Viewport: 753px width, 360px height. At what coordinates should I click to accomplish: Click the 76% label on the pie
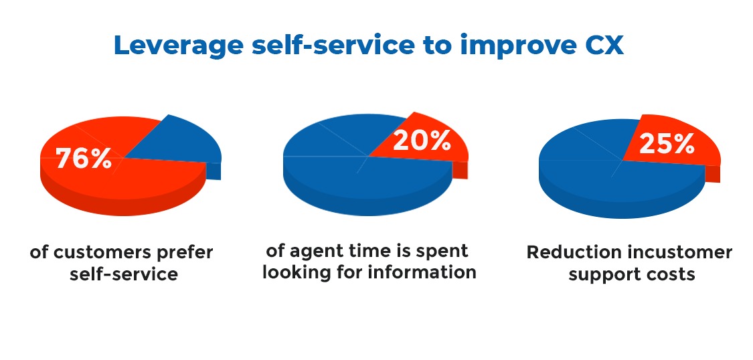click(84, 158)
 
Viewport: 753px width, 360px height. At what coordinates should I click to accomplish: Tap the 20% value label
click(422, 141)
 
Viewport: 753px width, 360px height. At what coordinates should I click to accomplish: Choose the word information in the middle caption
click(422, 272)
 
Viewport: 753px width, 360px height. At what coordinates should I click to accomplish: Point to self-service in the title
click(332, 46)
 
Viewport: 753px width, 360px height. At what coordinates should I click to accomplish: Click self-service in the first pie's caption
click(124, 274)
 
